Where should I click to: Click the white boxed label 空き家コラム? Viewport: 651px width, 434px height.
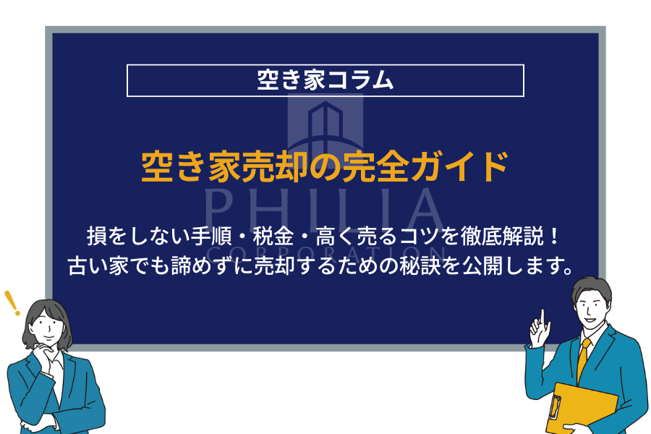325,80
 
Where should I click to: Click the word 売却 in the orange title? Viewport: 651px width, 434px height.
278,167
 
